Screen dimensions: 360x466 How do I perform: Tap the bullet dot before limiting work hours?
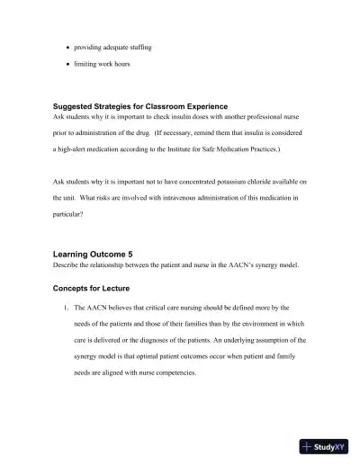pos(69,65)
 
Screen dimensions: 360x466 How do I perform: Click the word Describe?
pos(69,266)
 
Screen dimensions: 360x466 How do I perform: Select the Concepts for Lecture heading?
pos(92,289)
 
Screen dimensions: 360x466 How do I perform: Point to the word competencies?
pos(171,372)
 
